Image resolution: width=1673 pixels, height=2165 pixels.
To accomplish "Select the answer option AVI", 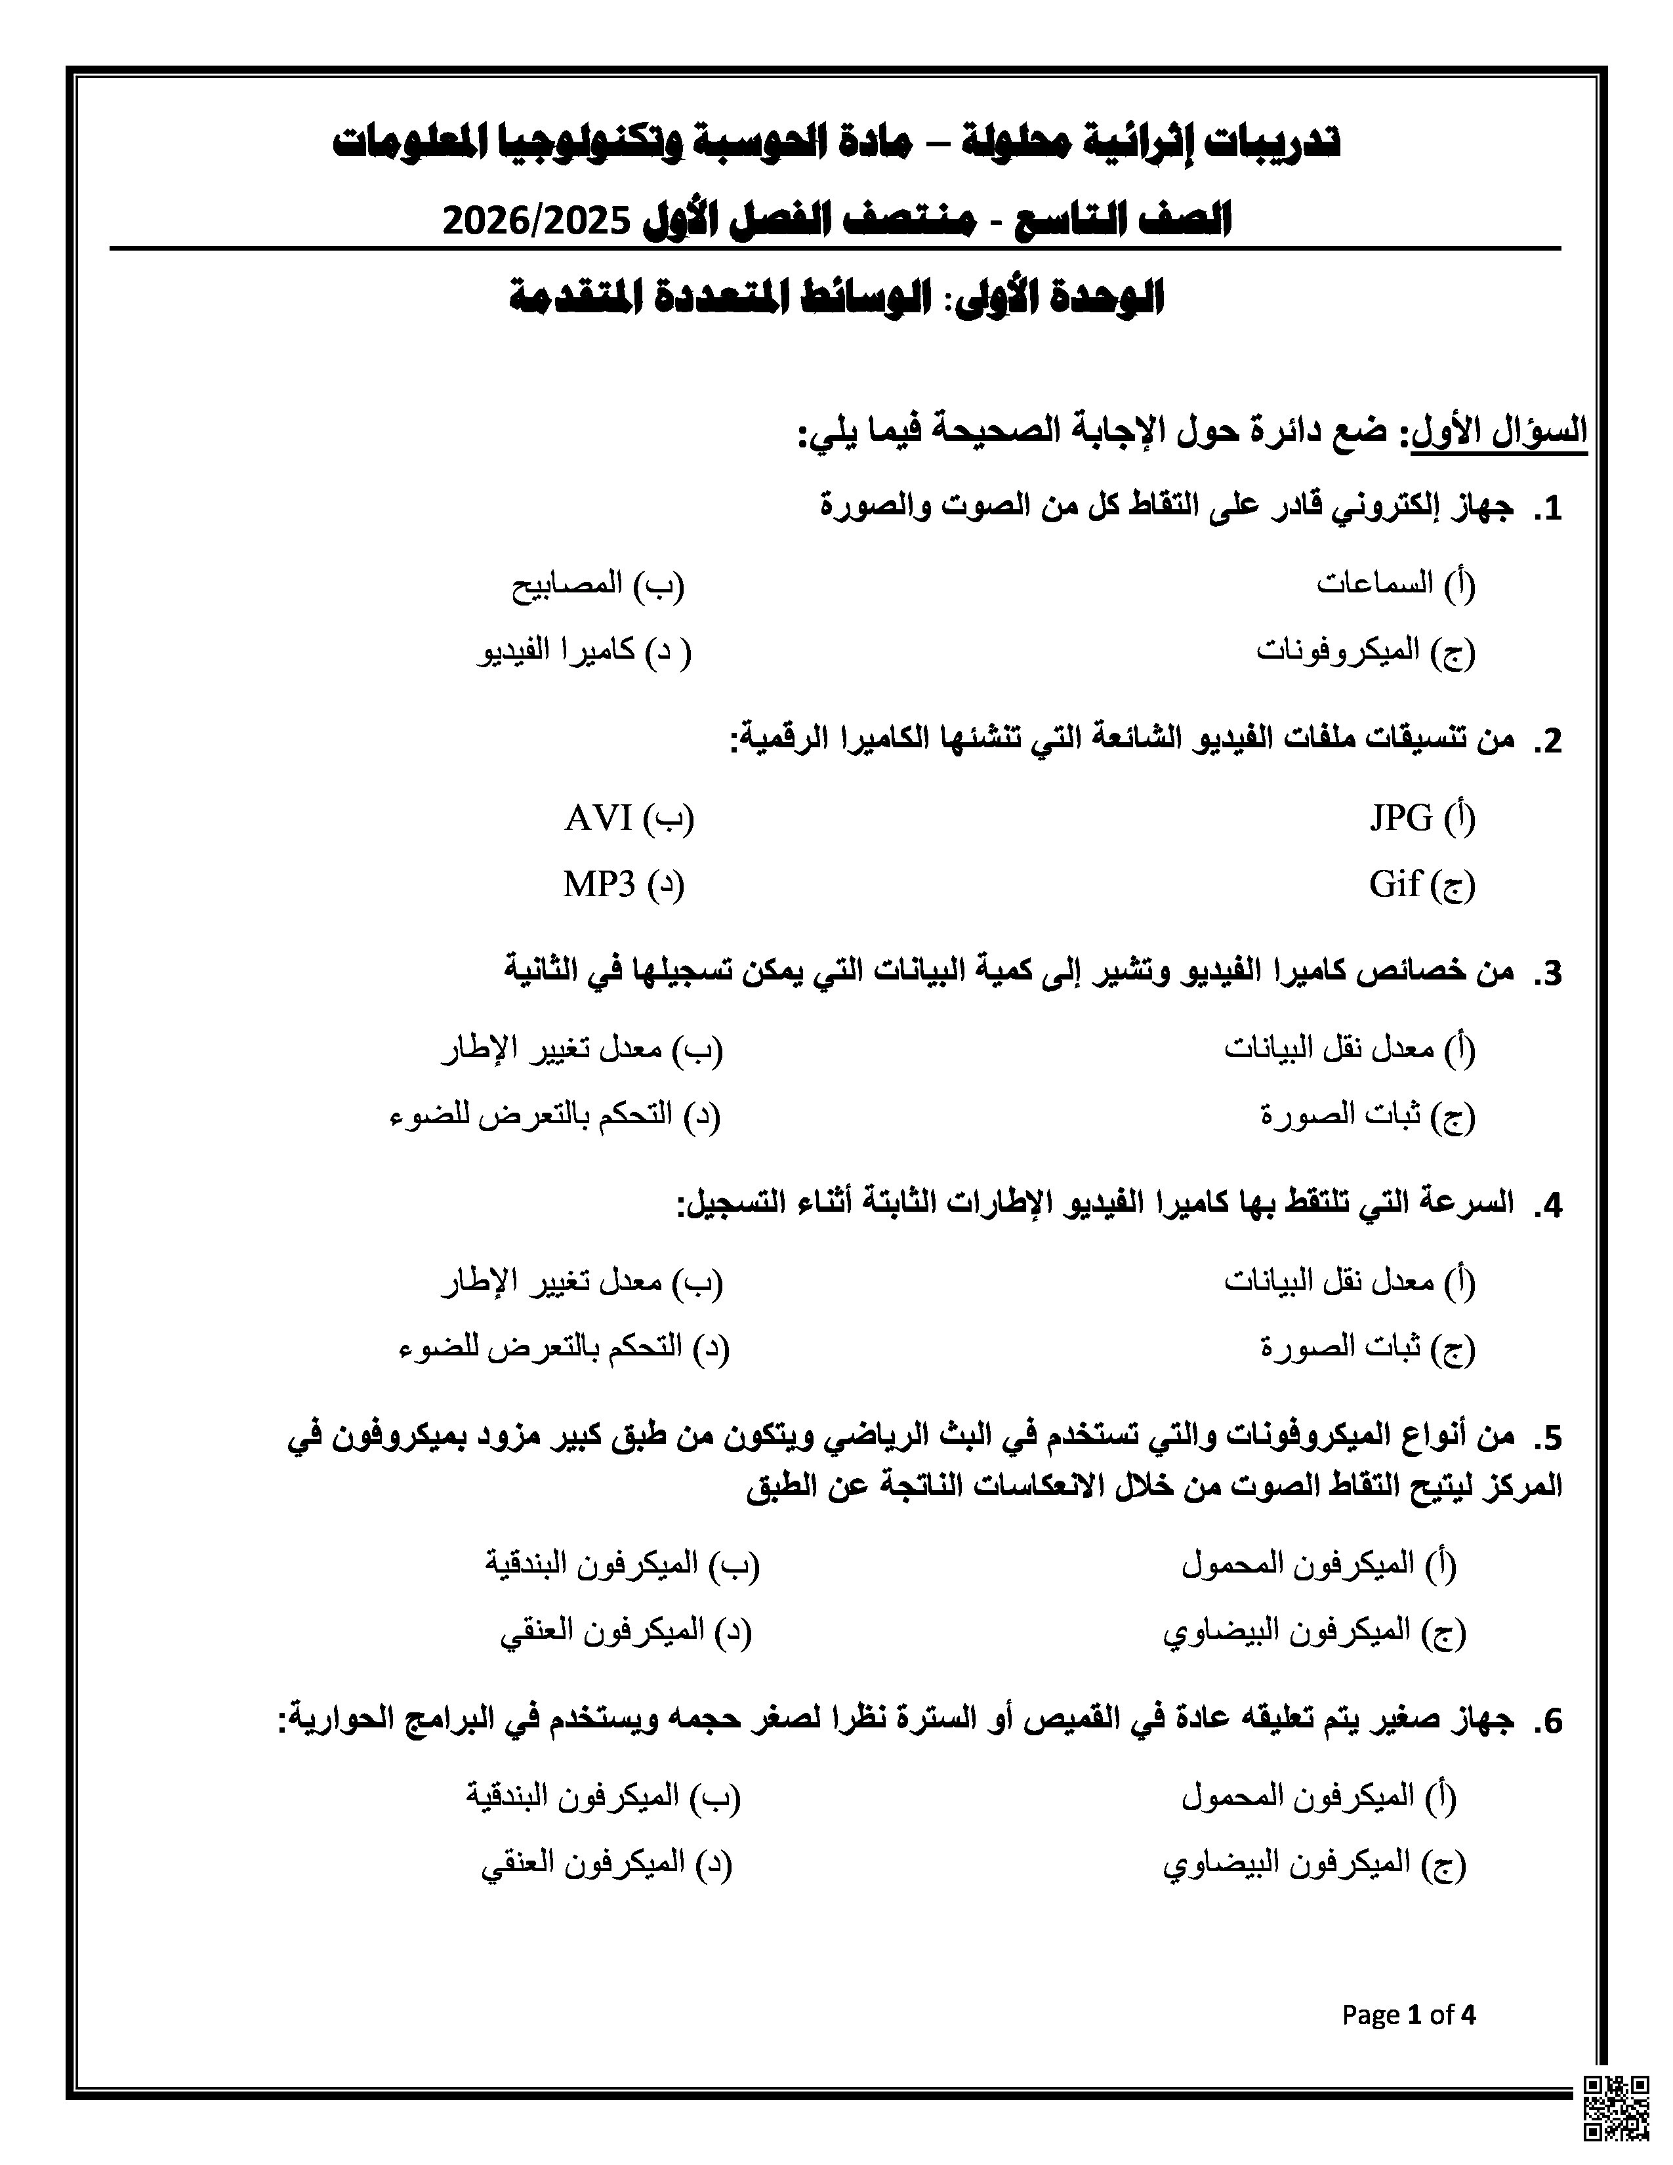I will click(x=629, y=818).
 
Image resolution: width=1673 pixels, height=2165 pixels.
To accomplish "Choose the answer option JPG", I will click(x=1421, y=818).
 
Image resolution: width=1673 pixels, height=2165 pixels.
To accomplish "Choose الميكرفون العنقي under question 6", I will click(x=606, y=1864).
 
